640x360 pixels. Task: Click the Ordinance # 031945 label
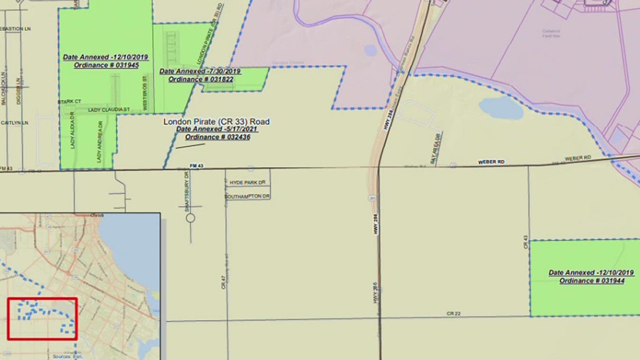tap(106, 66)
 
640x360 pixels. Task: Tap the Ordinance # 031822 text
tap(200, 79)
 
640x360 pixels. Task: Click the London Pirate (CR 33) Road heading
tap(216, 121)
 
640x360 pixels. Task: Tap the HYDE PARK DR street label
tap(247, 183)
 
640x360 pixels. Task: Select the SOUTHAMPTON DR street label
tap(248, 197)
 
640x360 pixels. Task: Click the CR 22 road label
tap(454, 313)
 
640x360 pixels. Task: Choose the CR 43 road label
tap(526, 242)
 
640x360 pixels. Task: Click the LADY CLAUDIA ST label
tap(109, 110)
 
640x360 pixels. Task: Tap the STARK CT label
tap(70, 102)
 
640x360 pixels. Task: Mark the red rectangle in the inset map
tap(42, 318)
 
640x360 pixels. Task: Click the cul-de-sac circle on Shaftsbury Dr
tap(190, 217)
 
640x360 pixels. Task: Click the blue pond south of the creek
tap(501, 108)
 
